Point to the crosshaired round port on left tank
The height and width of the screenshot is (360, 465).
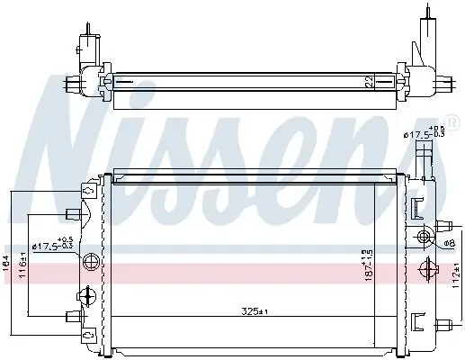[x=88, y=263]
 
